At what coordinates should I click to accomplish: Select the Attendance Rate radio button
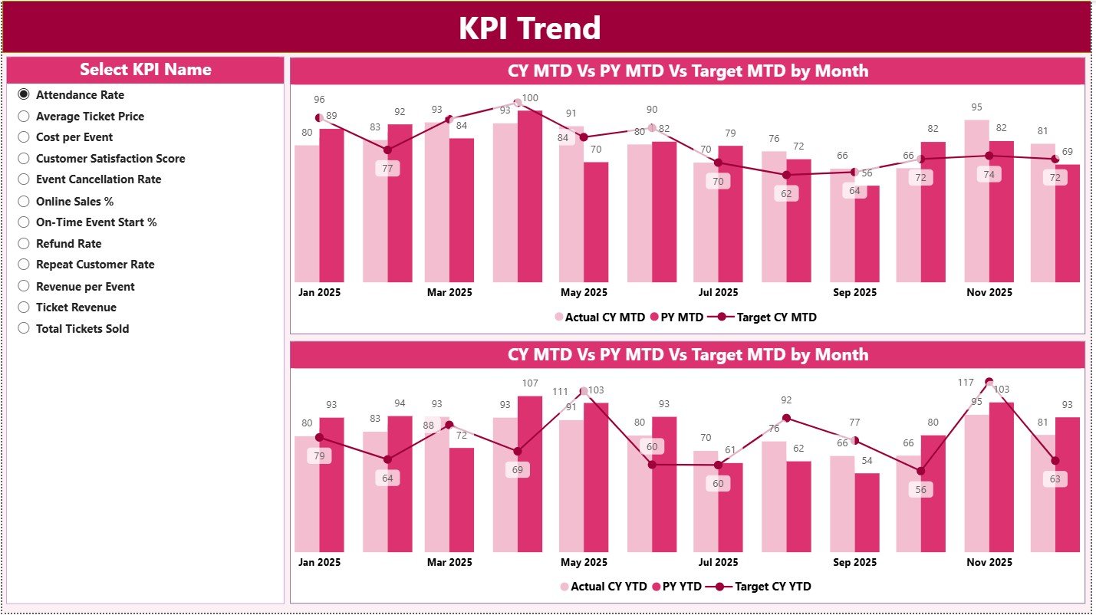[x=24, y=94]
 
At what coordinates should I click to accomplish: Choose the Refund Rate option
[x=24, y=244]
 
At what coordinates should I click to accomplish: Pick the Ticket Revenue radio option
[x=24, y=307]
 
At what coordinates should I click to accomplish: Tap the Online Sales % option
[x=24, y=202]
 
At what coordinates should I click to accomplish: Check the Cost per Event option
[x=24, y=137]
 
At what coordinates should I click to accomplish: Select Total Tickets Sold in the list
[x=24, y=329]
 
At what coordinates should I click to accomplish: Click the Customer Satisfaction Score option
[x=24, y=159]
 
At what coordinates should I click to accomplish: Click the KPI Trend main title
[x=529, y=28]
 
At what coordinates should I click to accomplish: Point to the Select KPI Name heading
[x=146, y=70]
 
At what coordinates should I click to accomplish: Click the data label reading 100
[x=530, y=98]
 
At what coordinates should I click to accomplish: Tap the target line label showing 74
[x=989, y=174]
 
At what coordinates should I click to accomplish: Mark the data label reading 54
[x=867, y=461]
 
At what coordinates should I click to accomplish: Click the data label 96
[x=320, y=100]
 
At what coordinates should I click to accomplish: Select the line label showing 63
[x=1055, y=479]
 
